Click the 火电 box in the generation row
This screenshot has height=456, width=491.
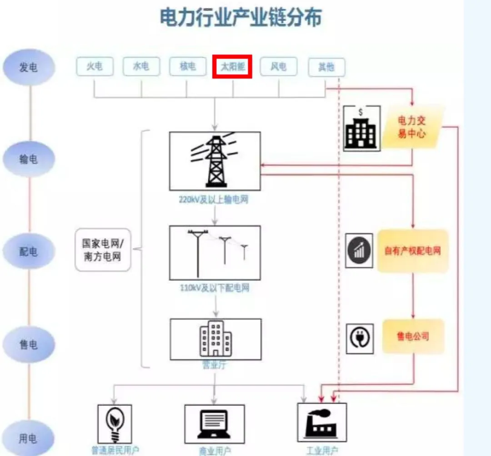(95, 67)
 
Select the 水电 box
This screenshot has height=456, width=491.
(141, 67)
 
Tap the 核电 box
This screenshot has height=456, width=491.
(188, 67)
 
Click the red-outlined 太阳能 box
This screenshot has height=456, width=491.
(232, 67)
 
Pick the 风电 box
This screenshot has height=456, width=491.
(278, 67)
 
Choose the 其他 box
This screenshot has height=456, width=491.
(326, 67)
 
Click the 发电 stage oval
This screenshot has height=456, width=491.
(29, 67)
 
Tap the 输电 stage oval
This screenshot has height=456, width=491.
(29, 159)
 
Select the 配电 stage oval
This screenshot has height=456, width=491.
(29, 251)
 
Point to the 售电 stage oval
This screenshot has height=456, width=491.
(29, 344)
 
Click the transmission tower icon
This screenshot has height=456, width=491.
(215, 161)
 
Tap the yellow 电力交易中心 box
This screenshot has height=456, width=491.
(412, 127)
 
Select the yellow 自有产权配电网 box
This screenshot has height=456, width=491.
(413, 250)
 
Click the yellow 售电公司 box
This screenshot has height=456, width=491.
(413, 337)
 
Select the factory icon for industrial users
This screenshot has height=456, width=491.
(321, 423)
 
